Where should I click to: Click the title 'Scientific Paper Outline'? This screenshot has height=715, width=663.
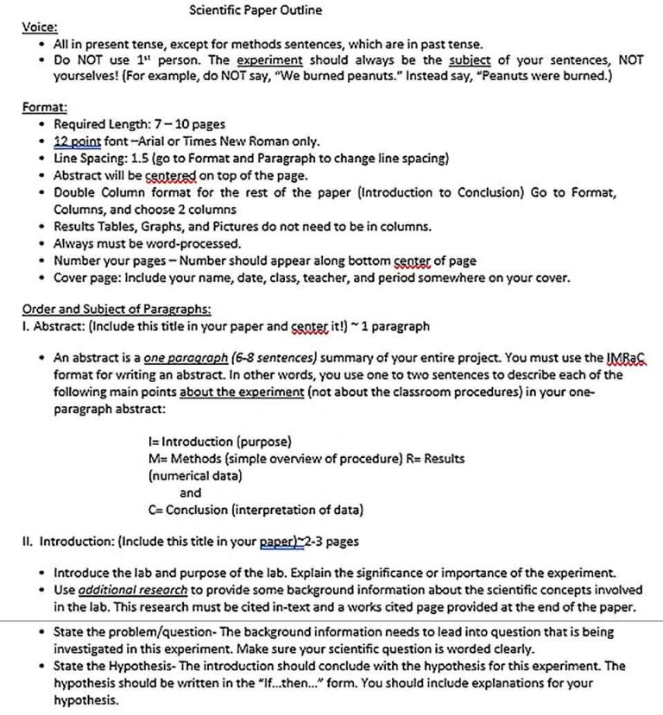point(256,10)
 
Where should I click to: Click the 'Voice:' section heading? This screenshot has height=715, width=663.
point(39,27)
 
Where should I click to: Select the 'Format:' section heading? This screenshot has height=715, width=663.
point(44,108)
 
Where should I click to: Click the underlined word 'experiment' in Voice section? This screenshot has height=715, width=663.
point(269,60)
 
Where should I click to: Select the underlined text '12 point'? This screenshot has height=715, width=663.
point(77,141)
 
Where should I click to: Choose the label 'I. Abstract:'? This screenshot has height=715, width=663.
point(53,327)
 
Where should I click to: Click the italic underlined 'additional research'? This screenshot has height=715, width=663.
point(132,590)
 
